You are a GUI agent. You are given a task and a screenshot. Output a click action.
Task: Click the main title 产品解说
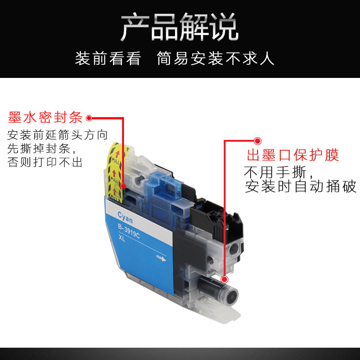click(180, 27)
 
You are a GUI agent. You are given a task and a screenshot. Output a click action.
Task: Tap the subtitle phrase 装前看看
click(108, 59)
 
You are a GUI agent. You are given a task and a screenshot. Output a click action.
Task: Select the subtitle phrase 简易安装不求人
click(216, 59)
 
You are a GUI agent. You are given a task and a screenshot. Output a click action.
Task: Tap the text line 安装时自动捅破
click(300, 186)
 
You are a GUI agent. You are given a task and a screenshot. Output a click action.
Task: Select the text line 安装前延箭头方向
click(57, 135)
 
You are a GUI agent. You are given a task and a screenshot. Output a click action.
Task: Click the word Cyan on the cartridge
click(125, 214)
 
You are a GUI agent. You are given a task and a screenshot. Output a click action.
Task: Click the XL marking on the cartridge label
click(121, 238)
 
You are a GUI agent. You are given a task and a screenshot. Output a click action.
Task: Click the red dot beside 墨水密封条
click(89, 118)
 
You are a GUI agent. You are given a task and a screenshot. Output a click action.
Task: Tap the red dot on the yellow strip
click(123, 186)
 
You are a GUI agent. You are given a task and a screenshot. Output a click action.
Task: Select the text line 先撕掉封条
click(41, 149)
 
